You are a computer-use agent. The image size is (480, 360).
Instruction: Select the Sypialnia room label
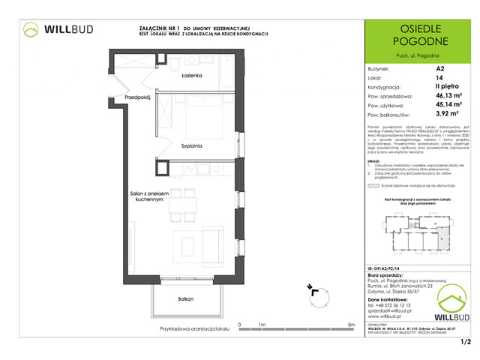192,147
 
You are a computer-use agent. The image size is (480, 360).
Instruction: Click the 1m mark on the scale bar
262,324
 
